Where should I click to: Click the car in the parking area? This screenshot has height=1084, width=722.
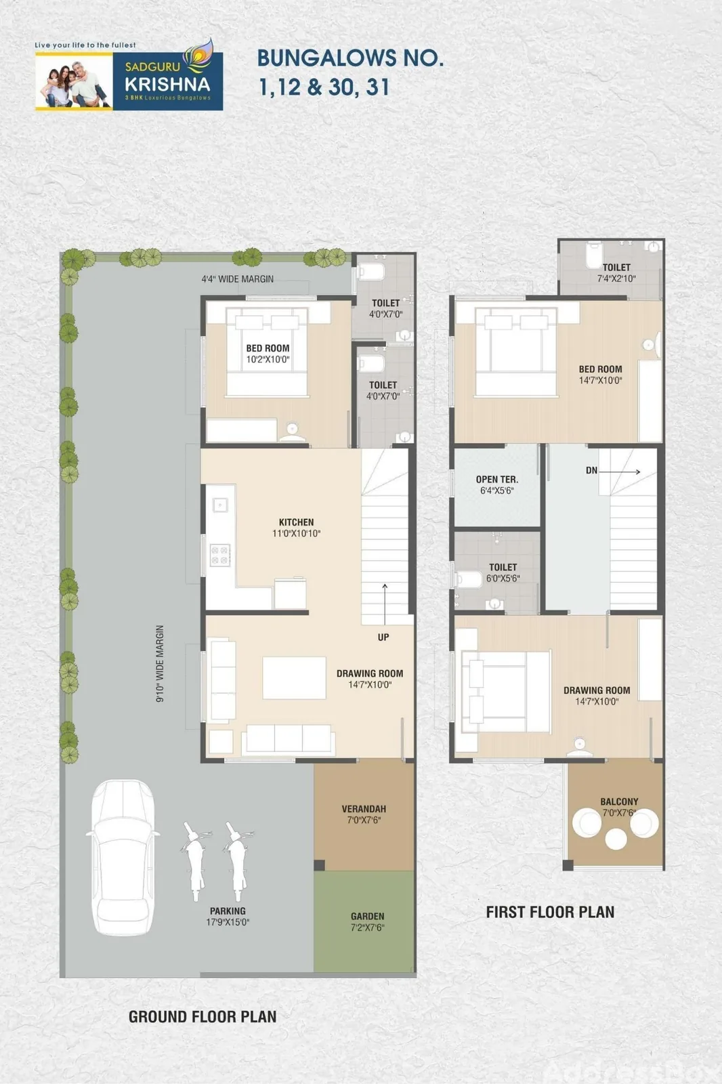tap(123, 857)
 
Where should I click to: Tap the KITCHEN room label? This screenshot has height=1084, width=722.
tap(296, 522)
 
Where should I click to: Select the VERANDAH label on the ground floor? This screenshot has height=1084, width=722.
tap(364, 809)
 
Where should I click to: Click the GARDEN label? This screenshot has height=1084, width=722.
tap(368, 916)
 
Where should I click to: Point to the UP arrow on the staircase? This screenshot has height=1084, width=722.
tap(385, 604)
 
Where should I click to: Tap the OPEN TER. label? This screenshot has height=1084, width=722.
tap(497, 479)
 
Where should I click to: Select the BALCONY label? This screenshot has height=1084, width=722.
tap(620, 801)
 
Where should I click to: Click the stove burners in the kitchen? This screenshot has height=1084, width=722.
tap(219, 555)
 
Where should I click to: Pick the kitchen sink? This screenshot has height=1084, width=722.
tap(220, 505)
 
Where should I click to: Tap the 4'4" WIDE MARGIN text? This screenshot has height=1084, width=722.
tap(238, 278)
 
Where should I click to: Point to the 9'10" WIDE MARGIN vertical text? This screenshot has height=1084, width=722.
tap(160, 663)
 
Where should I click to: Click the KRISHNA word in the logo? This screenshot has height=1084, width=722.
tap(167, 84)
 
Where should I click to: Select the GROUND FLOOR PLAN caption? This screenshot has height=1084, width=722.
tap(203, 1017)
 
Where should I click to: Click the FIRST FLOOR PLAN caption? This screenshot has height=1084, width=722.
tap(550, 912)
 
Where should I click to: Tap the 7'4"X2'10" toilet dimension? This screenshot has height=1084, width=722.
tap(616, 278)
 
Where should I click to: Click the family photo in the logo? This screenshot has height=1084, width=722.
tap(74, 82)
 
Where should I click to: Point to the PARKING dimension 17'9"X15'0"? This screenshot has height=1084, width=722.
tap(228, 922)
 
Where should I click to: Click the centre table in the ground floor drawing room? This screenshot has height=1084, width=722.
tap(294, 677)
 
